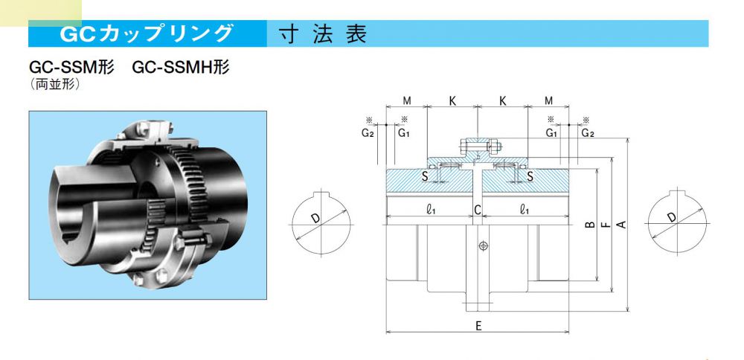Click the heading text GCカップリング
[x=147, y=34]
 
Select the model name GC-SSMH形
[x=181, y=68]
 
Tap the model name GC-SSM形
[x=71, y=68]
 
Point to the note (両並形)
[x=54, y=84]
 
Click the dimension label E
[x=478, y=326]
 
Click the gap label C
[x=478, y=210]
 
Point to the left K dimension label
[x=452, y=100]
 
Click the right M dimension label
[x=548, y=100]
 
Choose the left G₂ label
[x=368, y=133]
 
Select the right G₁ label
[x=551, y=133]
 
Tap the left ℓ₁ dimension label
[x=431, y=210]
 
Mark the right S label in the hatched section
[x=530, y=176]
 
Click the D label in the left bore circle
[x=315, y=218]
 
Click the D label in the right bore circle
[x=673, y=218]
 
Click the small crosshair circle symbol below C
[x=484, y=245]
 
